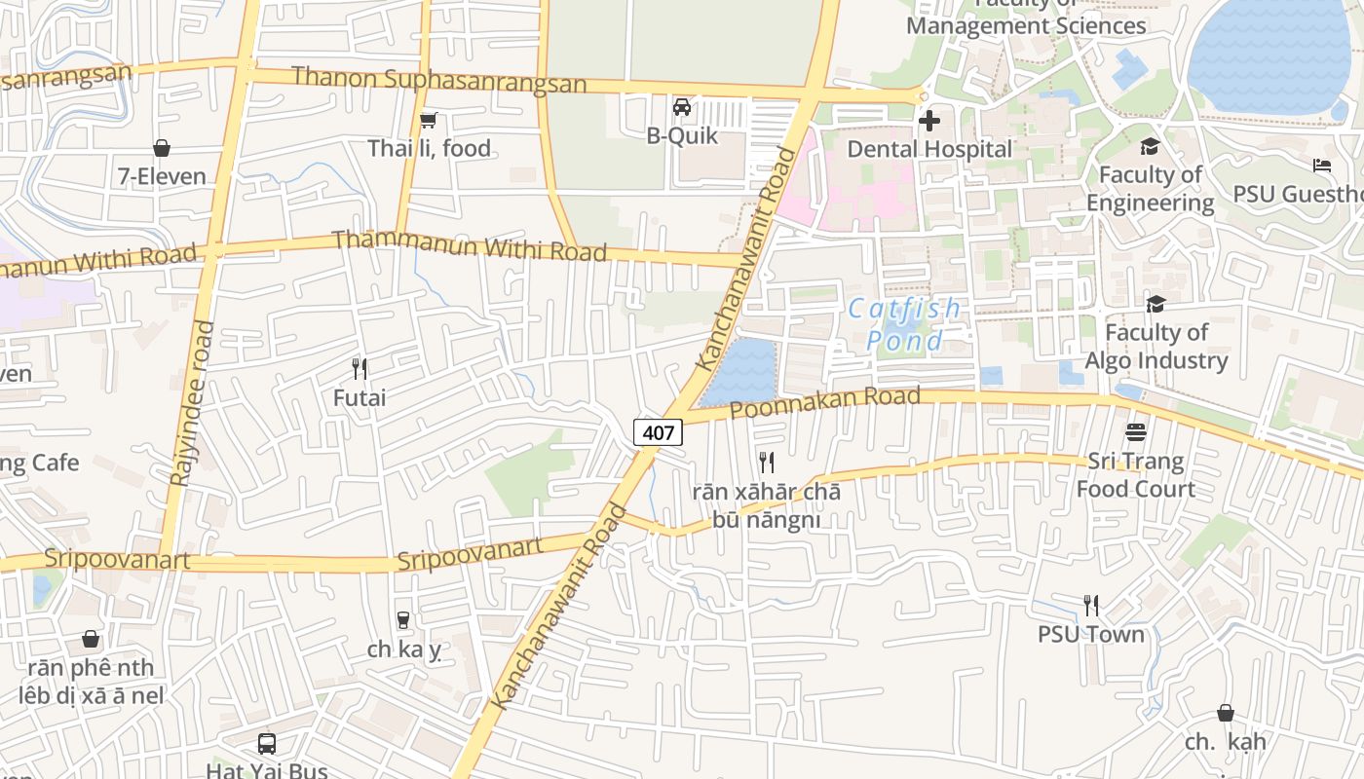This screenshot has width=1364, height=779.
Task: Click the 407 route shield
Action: tap(659, 432)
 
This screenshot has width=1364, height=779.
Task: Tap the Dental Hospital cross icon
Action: tap(929, 121)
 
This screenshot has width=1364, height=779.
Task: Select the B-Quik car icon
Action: tap(682, 107)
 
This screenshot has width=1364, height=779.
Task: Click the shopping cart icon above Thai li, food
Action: tap(428, 121)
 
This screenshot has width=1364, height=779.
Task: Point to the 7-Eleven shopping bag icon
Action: tap(162, 148)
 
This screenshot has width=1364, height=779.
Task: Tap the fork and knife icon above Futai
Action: tap(360, 369)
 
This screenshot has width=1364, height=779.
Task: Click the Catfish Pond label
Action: tap(904, 324)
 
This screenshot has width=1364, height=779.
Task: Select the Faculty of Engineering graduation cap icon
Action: tap(1150, 147)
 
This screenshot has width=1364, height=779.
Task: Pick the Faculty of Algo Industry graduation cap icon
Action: tap(1156, 305)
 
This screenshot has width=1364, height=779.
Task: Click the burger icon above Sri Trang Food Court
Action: tap(1135, 431)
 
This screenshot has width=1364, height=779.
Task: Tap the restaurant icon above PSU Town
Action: tap(1090, 606)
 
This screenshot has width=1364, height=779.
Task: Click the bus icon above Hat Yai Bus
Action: tap(267, 744)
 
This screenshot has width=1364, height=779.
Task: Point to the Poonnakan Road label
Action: tap(824, 401)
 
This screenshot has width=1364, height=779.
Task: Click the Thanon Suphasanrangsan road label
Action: tap(438, 80)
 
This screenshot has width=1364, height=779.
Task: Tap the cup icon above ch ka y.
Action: tap(403, 620)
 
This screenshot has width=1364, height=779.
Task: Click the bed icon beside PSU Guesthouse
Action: tap(1321, 166)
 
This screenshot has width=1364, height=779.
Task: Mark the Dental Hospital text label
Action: tap(929, 149)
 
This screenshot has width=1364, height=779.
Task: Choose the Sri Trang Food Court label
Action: tap(1135, 474)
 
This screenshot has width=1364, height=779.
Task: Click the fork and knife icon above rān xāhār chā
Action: tap(767, 463)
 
